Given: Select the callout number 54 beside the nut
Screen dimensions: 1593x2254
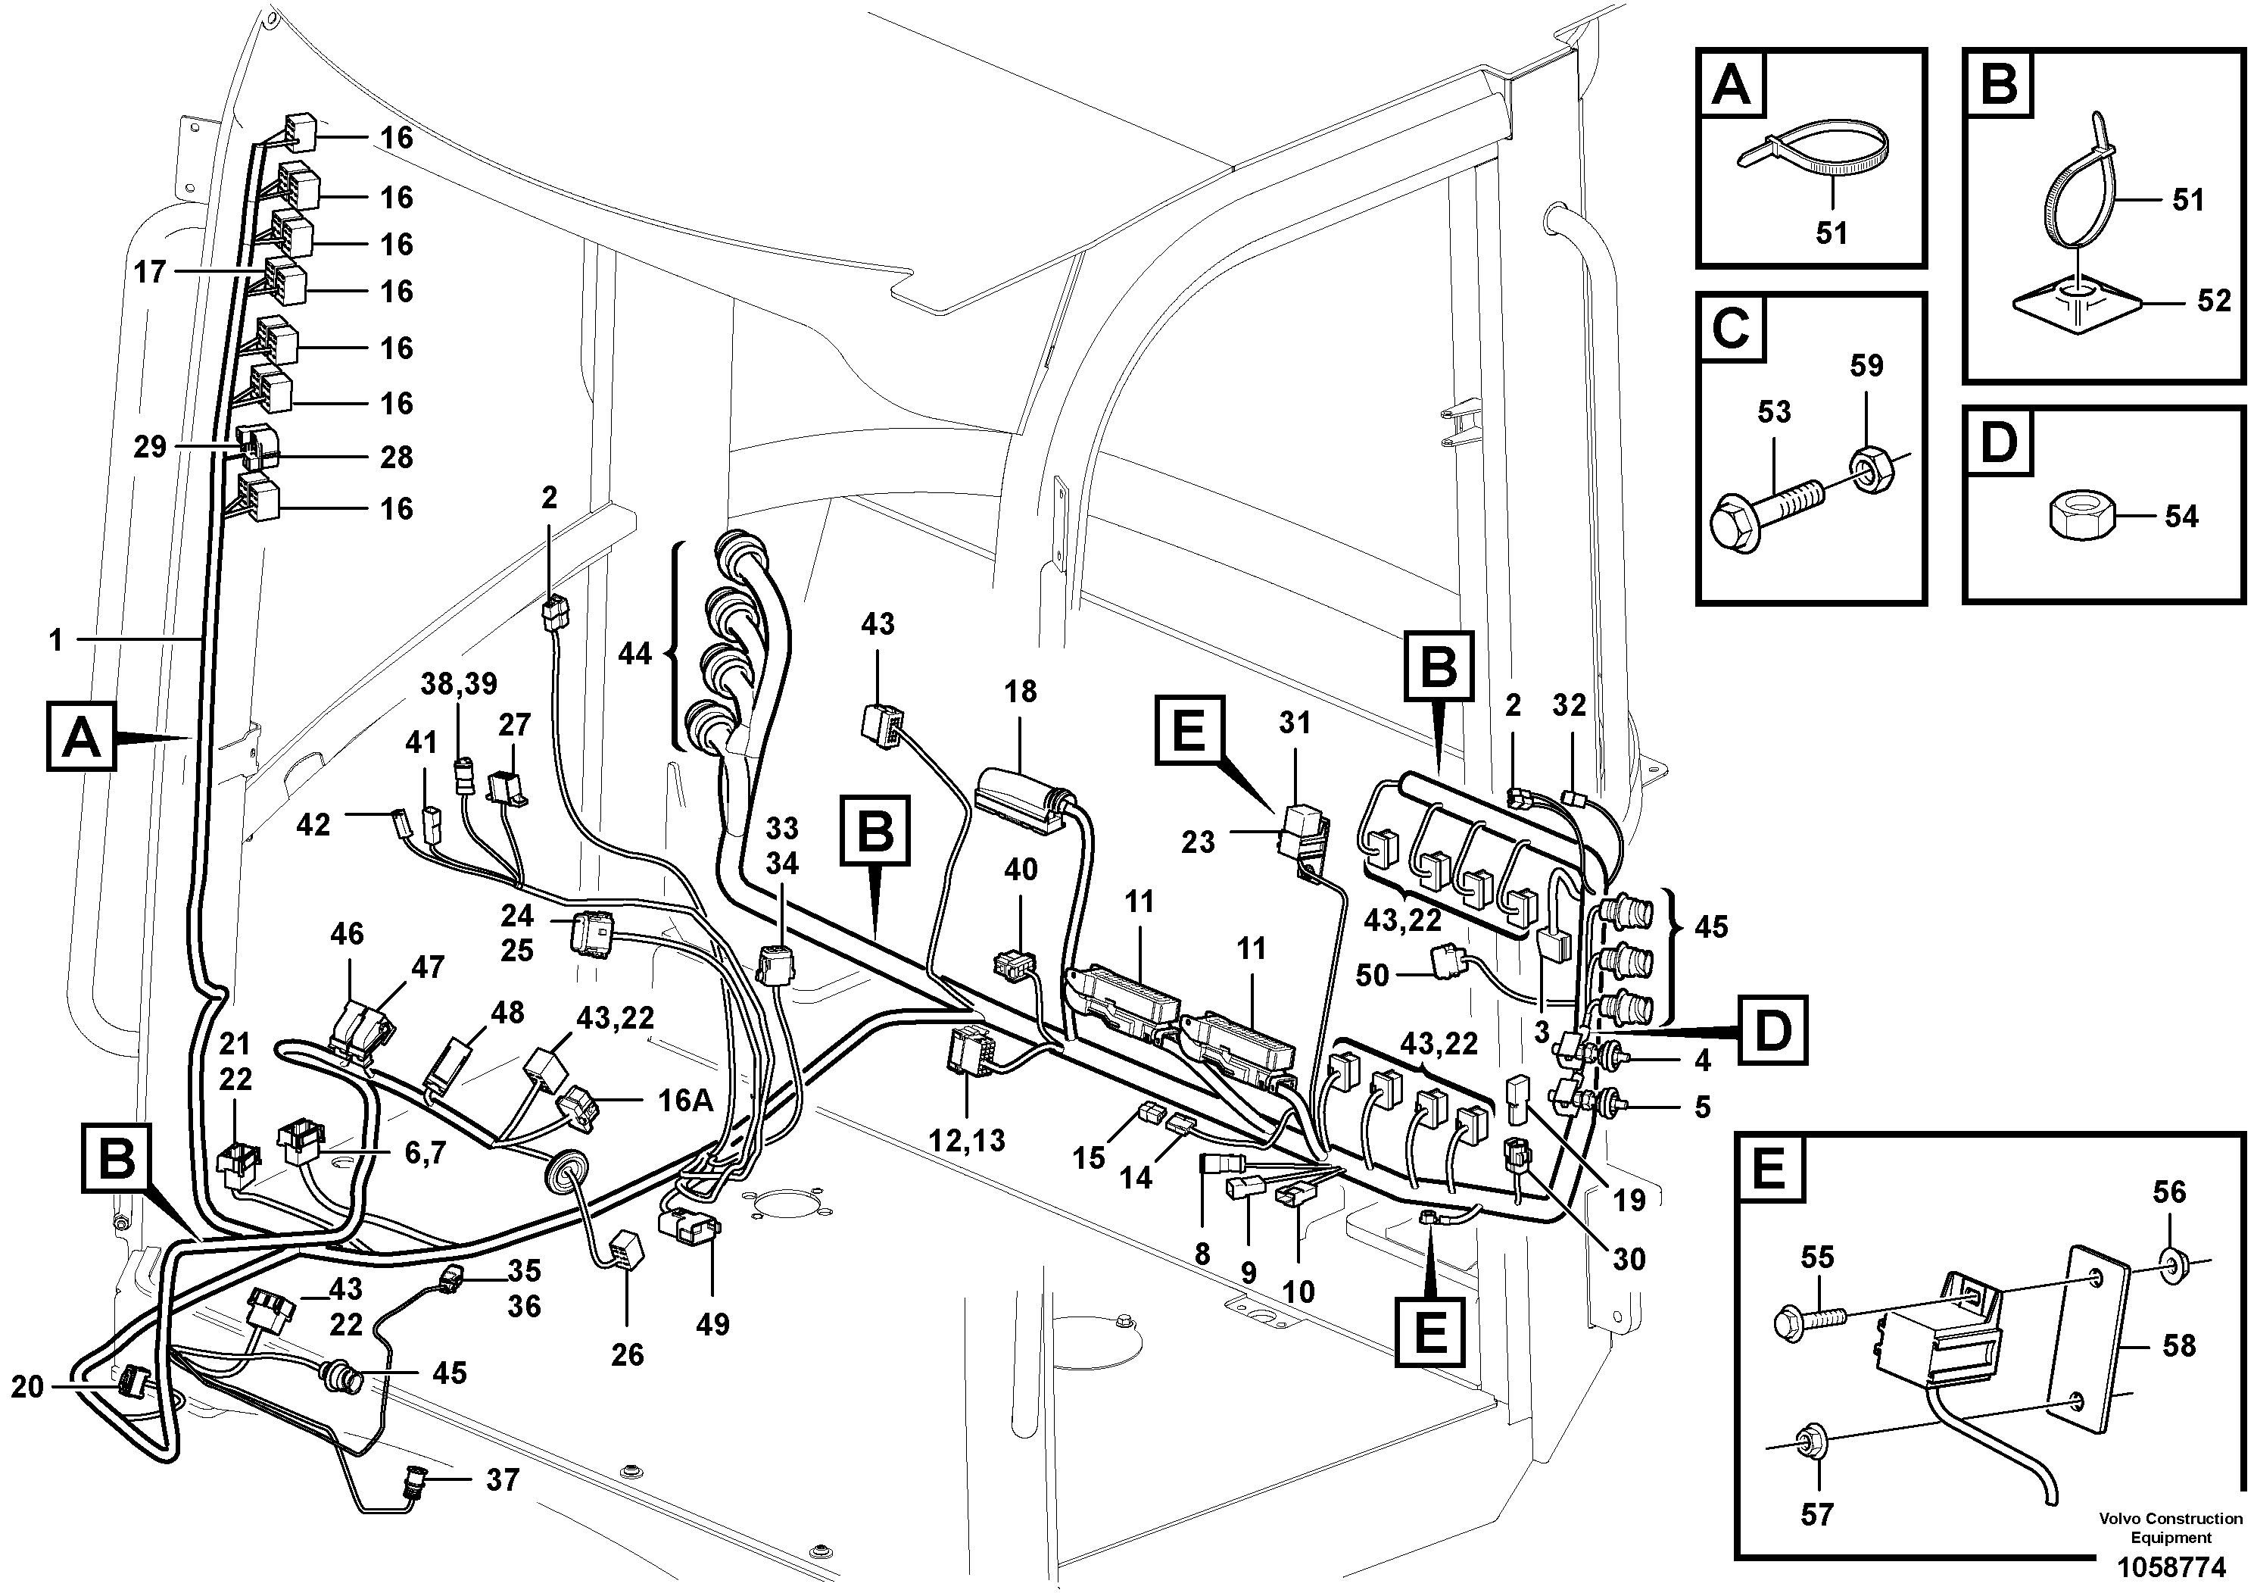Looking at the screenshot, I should click(2181, 517).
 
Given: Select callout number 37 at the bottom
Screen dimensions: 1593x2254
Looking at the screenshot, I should click(502, 1479).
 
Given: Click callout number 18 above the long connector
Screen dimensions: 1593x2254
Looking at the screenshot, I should click(1020, 692).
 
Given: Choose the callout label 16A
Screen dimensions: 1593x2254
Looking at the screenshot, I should click(684, 1101).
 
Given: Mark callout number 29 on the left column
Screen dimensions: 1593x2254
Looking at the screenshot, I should click(150, 448).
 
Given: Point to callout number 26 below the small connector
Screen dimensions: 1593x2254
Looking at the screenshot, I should click(626, 1354).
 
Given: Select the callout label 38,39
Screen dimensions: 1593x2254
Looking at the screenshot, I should click(460, 683).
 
